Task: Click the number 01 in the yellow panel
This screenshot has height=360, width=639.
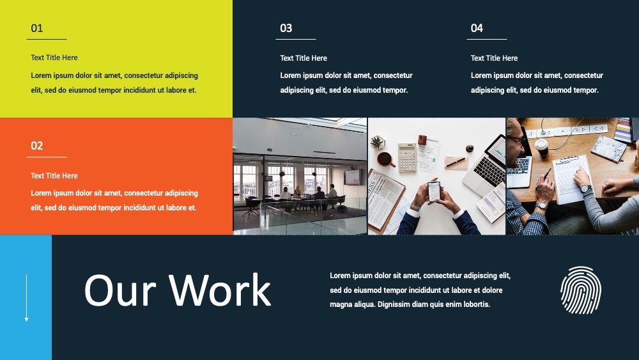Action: [36, 28]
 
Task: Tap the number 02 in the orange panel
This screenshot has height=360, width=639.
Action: [36, 146]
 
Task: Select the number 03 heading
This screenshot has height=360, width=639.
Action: [286, 28]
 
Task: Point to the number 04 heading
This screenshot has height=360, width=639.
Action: [477, 28]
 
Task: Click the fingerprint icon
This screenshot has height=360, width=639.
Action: [581, 290]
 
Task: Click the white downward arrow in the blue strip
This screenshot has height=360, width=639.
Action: [26, 297]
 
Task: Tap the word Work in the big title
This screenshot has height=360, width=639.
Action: [220, 290]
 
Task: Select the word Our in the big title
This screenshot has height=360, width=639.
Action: [120, 290]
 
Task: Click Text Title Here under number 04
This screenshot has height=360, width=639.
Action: [494, 58]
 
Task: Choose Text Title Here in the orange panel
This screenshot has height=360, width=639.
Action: [54, 176]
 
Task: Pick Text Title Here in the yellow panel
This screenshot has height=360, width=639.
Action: [54, 58]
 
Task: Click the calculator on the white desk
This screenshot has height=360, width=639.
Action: [407, 157]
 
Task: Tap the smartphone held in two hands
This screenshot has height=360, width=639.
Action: [434, 192]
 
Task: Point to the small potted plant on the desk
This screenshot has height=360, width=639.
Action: [378, 143]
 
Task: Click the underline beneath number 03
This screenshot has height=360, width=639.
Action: [296, 39]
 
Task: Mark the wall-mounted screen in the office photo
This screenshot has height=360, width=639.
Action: [353, 177]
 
